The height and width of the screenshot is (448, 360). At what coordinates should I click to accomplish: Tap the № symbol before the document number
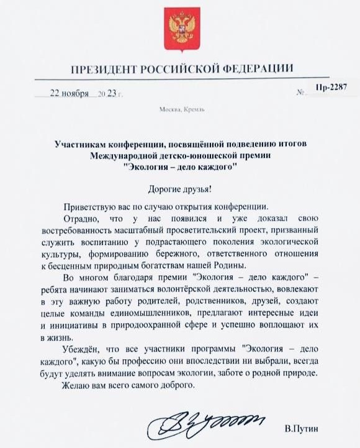tap(302, 94)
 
